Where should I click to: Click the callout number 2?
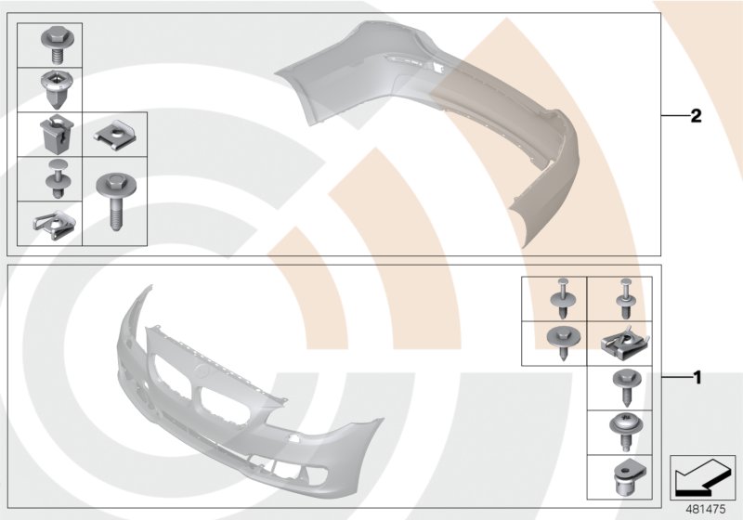tap(695, 116)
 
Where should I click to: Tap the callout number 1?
tap(695, 378)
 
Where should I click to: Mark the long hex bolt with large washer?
tap(114, 198)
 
